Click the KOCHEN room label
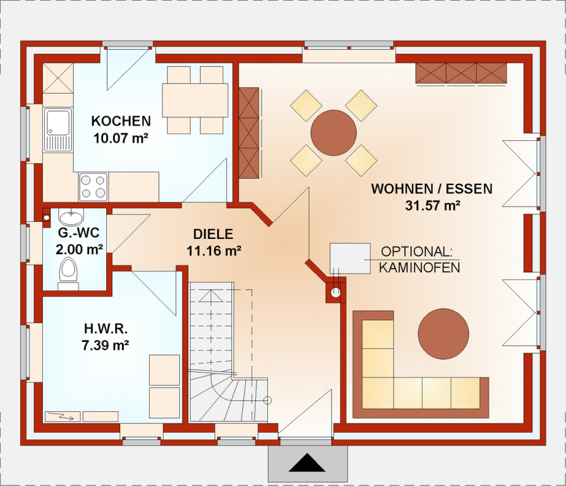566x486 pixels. coord(121,121)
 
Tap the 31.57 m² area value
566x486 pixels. coord(433,206)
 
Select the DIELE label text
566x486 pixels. coord(213,234)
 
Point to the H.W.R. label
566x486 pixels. coord(106,329)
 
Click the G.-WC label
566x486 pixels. coord(79,233)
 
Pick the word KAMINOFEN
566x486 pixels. coord(419,268)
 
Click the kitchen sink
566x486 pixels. coord(58,130)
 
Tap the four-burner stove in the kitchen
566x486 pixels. coord(94,187)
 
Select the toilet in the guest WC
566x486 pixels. coord(68,273)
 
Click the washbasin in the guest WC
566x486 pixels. coord(71,218)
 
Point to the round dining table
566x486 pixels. coord(333,133)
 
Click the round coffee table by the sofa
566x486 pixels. coord(443,334)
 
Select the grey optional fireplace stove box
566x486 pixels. coord(350,258)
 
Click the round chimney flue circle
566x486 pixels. coord(336,292)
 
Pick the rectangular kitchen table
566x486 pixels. coord(195,101)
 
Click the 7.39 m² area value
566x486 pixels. coord(106,345)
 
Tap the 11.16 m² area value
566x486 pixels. coord(214,250)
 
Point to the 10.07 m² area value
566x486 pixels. coord(121,138)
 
